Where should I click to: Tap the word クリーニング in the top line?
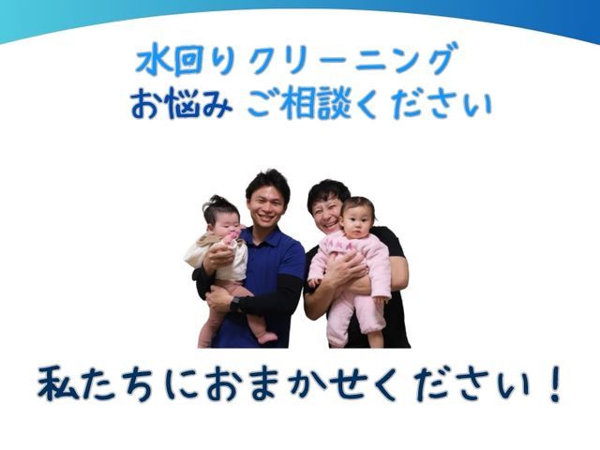point(353,60)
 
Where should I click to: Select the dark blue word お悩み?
point(181,104)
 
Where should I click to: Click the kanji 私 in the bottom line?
point(58,383)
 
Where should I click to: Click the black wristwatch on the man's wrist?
point(234,305)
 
